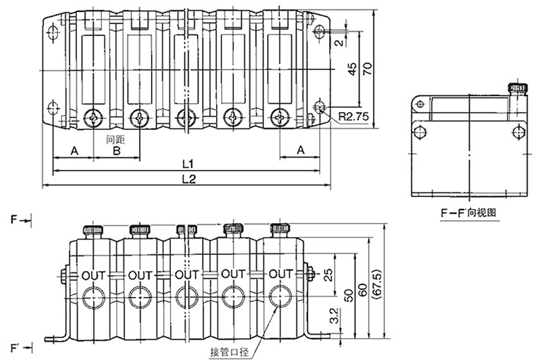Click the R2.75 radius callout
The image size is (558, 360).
pos(353,116)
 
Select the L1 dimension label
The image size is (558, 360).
pos(188,164)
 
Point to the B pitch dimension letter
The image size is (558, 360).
pos(117,151)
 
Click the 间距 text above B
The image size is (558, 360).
pos(115,139)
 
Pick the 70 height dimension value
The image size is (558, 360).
pos(367,68)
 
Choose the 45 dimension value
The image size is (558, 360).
pos(352,69)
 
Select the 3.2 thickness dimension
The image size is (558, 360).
pos(334,316)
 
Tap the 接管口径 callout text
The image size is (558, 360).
pos(229,352)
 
